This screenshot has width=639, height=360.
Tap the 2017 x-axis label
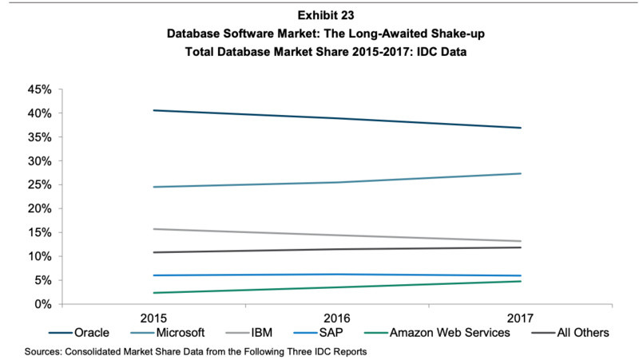click(521, 315)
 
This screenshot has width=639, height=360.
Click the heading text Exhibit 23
click(319, 15)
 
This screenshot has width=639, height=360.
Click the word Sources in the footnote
click(45, 350)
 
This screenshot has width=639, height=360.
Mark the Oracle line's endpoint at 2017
click(521, 128)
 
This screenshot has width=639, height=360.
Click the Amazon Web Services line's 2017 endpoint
click(521, 281)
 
